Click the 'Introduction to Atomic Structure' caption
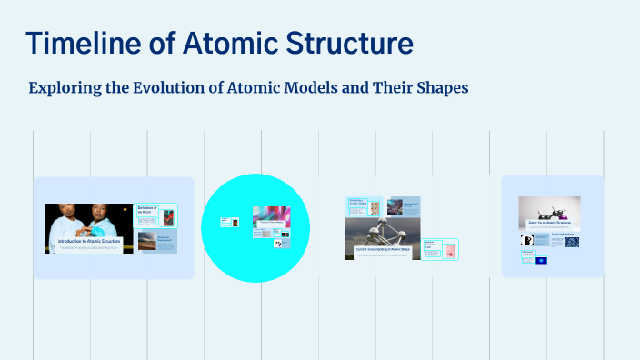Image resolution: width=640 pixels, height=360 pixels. [x=89, y=241]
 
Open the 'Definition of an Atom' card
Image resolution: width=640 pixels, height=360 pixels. [x=155, y=215]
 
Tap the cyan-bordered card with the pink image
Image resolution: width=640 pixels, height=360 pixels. [x=441, y=249]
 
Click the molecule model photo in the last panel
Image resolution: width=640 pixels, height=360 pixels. [x=549, y=208]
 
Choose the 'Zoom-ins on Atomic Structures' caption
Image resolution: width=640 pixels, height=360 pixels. [x=549, y=223]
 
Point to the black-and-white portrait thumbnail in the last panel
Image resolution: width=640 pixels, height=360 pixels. [x=527, y=241]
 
